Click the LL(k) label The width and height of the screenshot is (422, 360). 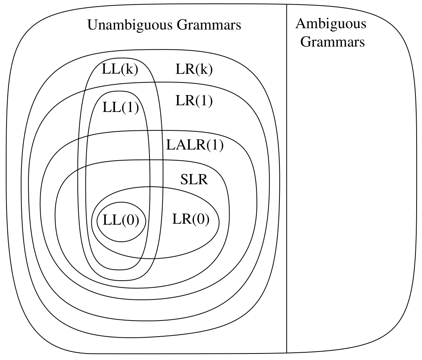120,69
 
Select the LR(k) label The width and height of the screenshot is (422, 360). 194,69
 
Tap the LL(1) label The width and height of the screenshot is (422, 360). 120,107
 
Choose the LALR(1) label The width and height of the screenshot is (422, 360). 195,146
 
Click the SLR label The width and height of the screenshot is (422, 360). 194,179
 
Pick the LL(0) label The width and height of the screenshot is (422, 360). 120,221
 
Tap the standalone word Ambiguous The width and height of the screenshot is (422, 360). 331,24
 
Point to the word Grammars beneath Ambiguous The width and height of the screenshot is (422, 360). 332,41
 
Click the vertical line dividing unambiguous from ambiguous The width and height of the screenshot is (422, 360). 287,192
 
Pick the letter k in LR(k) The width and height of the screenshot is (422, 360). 204,70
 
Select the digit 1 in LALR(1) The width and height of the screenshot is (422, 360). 215,146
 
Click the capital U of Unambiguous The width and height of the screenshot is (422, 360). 93,25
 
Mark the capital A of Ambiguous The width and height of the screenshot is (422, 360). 301,24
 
